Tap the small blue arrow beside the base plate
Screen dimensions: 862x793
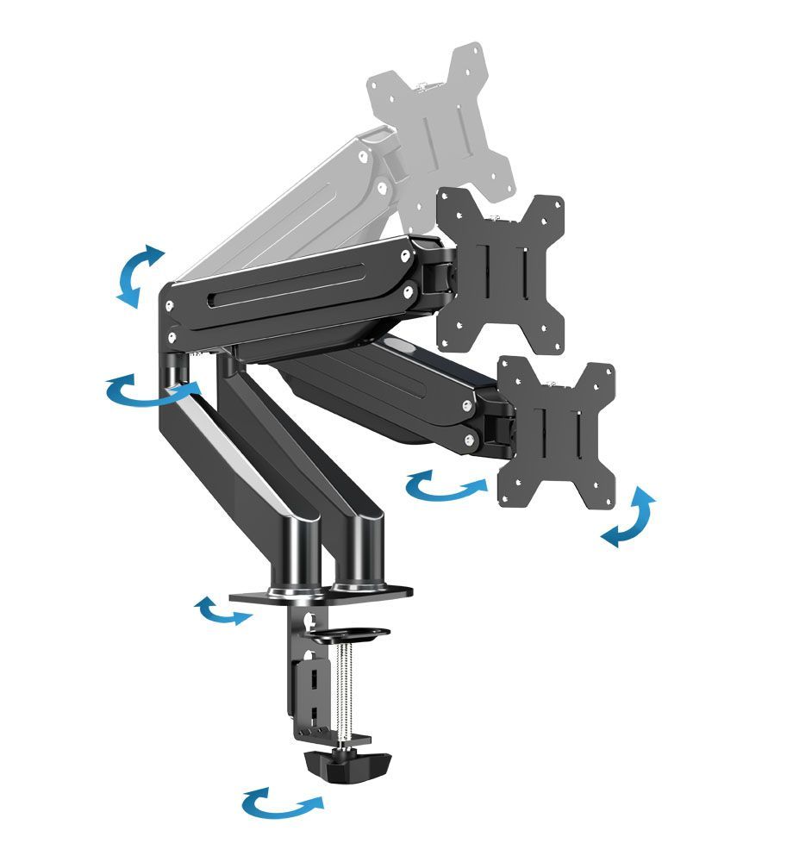click(x=223, y=611)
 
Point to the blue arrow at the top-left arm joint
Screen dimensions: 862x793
click(x=138, y=274)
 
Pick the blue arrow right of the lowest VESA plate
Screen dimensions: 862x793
click(x=628, y=517)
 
